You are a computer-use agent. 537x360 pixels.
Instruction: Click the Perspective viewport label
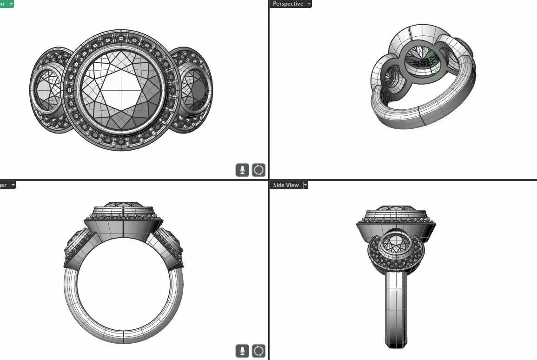[x=288, y=4]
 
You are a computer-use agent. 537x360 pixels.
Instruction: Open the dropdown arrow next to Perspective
[x=309, y=4]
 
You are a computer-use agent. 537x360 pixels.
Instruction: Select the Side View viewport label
[x=286, y=185]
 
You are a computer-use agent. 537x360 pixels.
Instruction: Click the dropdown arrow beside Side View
[x=305, y=185]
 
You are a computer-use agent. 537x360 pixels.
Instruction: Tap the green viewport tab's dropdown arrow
[x=11, y=4]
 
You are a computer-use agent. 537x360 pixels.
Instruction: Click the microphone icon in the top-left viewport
[x=242, y=170]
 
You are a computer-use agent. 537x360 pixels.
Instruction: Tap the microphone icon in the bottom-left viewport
[x=242, y=351]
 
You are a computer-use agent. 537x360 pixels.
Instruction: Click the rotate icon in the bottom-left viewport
[x=259, y=351]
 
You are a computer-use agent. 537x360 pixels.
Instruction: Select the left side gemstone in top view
[x=46, y=90]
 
